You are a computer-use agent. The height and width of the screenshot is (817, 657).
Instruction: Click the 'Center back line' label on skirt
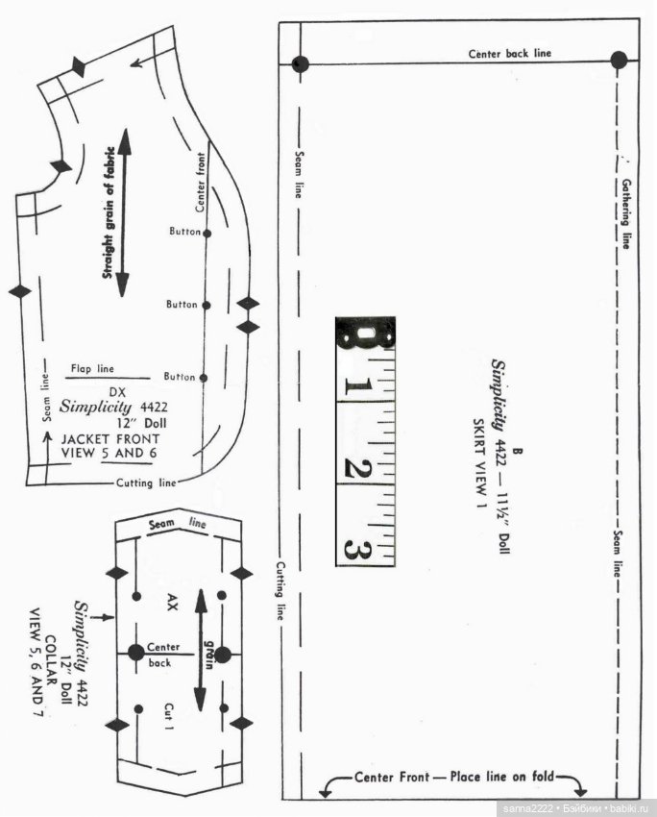(x=509, y=54)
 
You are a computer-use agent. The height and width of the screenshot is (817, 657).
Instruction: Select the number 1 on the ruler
(x=356, y=388)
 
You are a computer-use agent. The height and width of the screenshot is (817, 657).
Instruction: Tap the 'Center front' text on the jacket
(x=201, y=183)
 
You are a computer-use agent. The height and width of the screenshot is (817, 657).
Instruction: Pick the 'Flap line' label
(x=91, y=368)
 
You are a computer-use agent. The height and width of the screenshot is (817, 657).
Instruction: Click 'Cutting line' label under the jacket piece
(x=146, y=483)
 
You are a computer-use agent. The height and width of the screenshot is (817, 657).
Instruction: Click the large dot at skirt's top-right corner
(x=619, y=60)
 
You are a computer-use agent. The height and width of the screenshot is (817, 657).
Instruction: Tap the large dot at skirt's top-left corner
(x=301, y=64)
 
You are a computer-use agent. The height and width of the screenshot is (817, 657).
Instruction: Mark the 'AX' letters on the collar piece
(x=172, y=603)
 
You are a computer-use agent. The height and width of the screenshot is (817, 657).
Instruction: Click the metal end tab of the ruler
(x=365, y=335)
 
